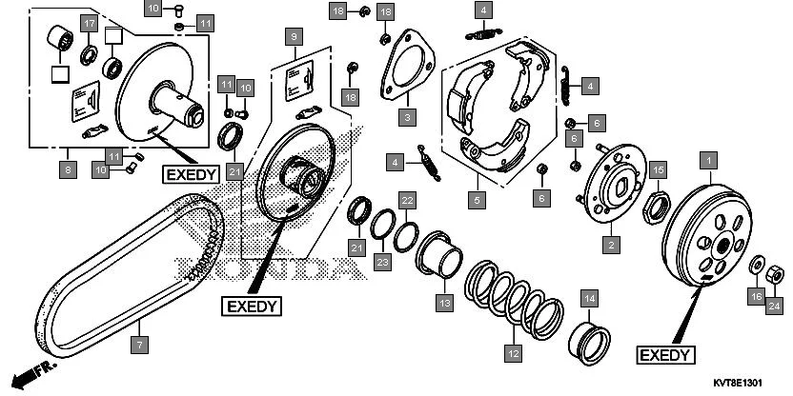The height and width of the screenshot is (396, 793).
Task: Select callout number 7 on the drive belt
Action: point(140,344)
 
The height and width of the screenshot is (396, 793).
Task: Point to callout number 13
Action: point(443,303)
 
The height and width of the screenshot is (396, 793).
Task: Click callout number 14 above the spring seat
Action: point(590,299)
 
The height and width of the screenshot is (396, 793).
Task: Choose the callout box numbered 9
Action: point(295,37)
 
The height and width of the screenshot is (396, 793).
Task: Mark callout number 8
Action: point(66,171)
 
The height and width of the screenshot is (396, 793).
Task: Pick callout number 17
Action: point(88,23)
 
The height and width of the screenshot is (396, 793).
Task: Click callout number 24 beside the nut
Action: point(774,306)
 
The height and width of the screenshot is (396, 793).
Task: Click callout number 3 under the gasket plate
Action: point(407,118)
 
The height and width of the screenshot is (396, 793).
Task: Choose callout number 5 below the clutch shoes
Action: point(478,200)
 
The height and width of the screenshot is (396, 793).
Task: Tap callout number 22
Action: point(407,200)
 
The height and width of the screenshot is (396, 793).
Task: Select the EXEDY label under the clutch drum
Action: point(663,354)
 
